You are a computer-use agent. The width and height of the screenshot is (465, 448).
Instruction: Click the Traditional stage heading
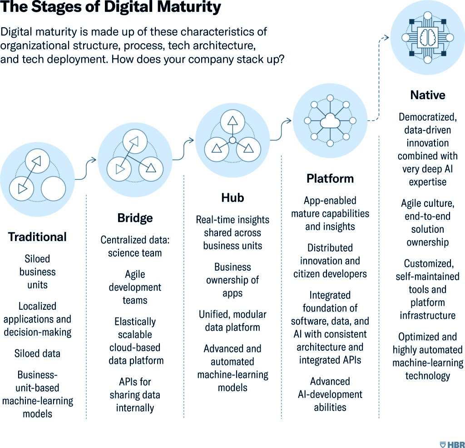pyautogui.click(x=37, y=237)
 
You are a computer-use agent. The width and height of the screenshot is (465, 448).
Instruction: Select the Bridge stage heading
pyautogui.click(x=135, y=218)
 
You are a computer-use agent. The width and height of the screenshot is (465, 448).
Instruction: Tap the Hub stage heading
pyautogui.click(x=232, y=198)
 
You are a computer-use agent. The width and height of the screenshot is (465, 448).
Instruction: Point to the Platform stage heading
pyautogui.click(x=330, y=179)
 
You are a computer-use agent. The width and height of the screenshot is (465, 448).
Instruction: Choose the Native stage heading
pyautogui.click(x=428, y=95)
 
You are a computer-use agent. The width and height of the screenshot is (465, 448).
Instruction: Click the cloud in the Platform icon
pyautogui.click(x=330, y=121)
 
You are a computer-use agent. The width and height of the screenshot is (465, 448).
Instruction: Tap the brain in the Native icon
pyautogui.click(x=428, y=37)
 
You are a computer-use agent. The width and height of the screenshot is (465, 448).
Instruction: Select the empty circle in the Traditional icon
pyautogui.click(x=54, y=189)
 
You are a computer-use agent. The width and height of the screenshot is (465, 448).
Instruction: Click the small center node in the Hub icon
pyautogui.click(x=232, y=141)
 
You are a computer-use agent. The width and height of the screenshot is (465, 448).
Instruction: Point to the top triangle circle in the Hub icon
pyautogui.click(x=232, y=121)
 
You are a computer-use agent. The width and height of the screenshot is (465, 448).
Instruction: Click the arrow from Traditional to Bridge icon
pyautogui.click(x=86, y=170)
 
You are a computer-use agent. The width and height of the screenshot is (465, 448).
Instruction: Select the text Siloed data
pyautogui.click(x=37, y=353)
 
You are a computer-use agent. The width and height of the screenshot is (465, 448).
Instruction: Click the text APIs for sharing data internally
pyautogui.click(x=135, y=395)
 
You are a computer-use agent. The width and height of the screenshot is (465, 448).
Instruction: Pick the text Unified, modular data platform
pyautogui.click(x=232, y=321)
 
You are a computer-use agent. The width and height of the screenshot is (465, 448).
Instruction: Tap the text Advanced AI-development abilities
pyautogui.click(x=330, y=394)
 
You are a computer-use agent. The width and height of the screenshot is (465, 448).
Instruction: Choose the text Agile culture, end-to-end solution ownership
pyautogui.click(x=428, y=223)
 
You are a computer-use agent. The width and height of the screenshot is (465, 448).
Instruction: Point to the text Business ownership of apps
pyautogui.click(x=232, y=280)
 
